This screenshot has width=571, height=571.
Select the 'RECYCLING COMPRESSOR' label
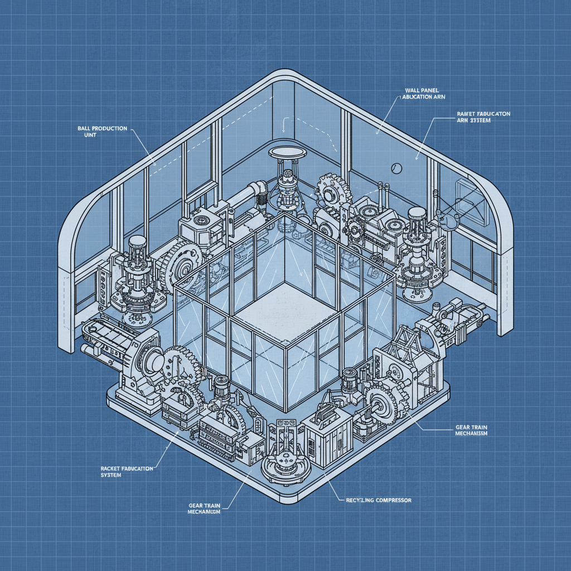375,501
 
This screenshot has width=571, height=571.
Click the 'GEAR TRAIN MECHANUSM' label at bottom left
205,508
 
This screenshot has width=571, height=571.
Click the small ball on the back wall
396,166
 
